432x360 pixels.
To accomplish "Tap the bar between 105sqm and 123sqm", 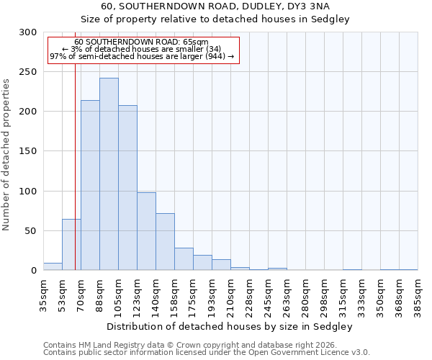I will coord(127,188).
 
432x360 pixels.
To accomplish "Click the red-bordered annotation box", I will coord(143,50).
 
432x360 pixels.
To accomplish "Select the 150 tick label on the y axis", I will coord(28,151).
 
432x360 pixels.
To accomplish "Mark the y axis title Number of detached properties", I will coord(7,154).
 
